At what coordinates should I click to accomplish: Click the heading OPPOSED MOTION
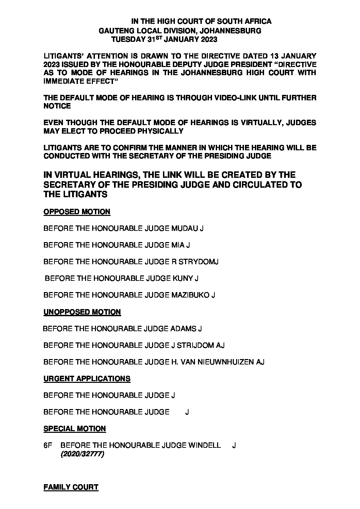[x=77, y=212]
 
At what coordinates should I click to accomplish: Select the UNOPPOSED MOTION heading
[x=82, y=312]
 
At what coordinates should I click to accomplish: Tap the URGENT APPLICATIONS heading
[x=87, y=379]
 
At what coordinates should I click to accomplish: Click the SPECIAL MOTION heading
[x=75, y=429]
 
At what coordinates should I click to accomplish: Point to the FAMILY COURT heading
[x=71, y=487]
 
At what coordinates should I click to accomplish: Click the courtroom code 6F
[x=48, y=445]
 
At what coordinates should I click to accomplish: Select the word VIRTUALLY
[x=257, y=123]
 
